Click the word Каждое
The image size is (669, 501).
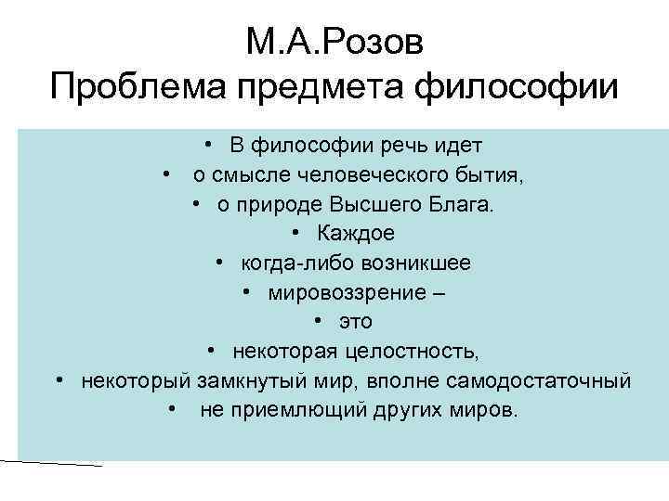tap(356, 234)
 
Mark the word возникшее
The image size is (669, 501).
tap(408, 263)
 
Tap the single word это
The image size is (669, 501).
tap(355, 322)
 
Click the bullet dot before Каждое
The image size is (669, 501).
tap(295, 234)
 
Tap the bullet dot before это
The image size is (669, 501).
tap(317, 322)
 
